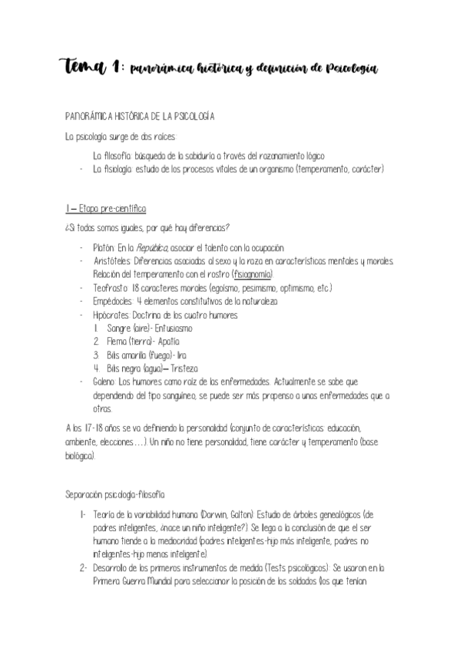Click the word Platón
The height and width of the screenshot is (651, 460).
pos(103,248)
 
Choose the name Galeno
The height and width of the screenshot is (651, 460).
pos(104,382)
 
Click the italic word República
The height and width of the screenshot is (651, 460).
pos(153,248)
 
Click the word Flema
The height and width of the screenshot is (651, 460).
pos(118,342)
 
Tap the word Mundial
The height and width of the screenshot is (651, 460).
pos(158,582)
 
